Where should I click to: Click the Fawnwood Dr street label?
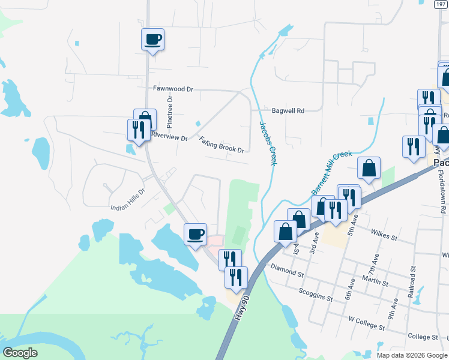click(173, 88)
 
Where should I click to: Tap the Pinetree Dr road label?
click(170, 112)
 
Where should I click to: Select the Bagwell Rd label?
click(288, 110)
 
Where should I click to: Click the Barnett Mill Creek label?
click(331, 172)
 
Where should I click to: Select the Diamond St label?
click(287, 269)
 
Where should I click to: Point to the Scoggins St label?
click(315, 294)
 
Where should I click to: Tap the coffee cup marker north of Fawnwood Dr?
click(152, 40)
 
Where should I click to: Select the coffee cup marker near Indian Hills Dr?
click(194, 234)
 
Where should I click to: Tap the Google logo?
click(21, 353)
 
